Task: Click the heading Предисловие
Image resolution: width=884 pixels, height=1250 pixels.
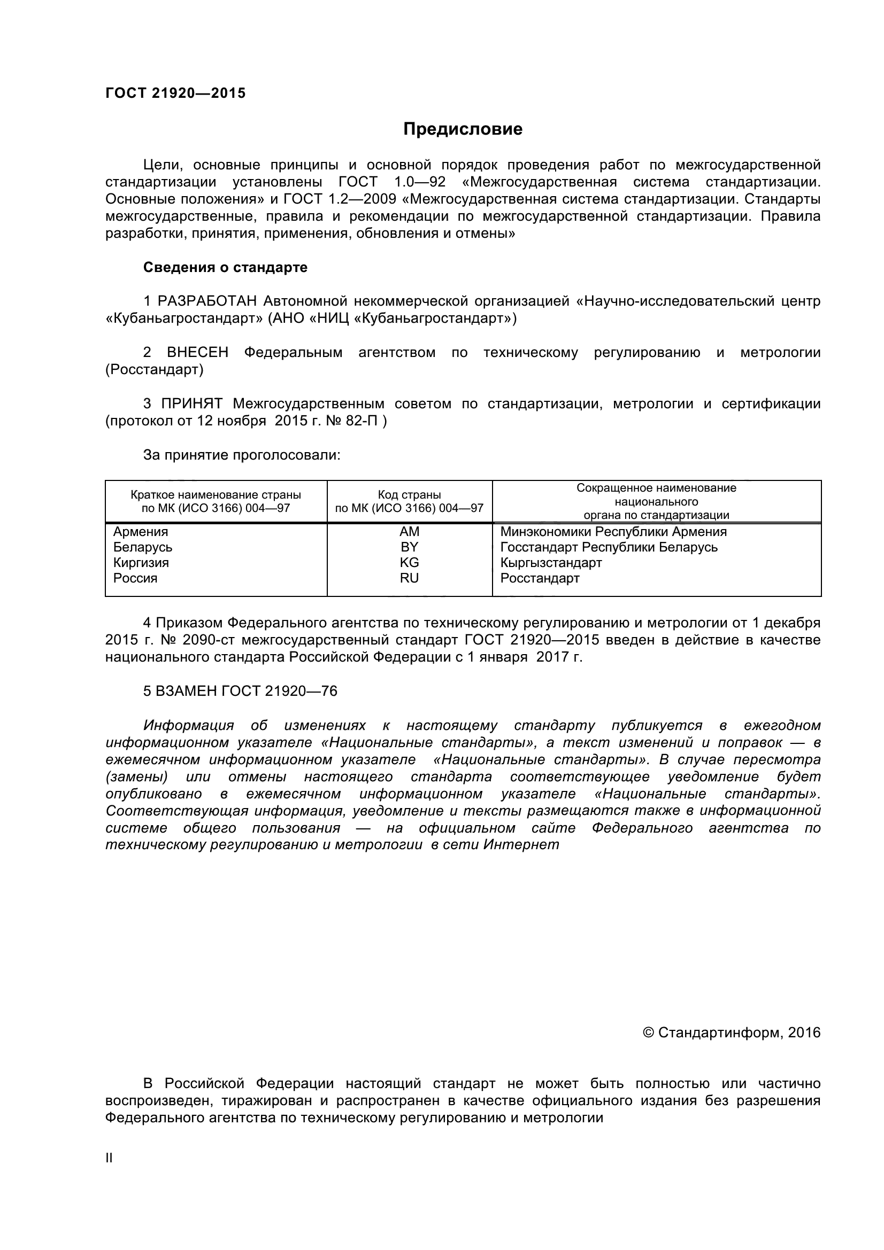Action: point(463,129)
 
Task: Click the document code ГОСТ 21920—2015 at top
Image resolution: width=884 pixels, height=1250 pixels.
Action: point(175,93)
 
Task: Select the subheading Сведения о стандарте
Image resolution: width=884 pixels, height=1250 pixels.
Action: point(225,267)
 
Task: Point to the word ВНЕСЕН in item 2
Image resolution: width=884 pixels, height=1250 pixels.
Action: point(198,352)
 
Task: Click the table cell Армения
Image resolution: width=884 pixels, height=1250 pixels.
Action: point(141,531)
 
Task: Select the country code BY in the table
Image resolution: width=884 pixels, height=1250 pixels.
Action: point(409,547)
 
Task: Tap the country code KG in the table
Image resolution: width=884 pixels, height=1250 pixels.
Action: point(409,562)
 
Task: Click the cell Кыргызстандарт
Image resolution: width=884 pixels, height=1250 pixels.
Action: point(551,562)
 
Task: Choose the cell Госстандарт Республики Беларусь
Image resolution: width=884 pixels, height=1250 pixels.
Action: point(609,547)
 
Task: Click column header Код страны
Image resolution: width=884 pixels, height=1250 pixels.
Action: point(409,495)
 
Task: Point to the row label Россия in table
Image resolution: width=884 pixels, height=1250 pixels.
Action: point(135,578)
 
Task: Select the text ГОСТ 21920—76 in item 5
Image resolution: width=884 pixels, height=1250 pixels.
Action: point(279,691)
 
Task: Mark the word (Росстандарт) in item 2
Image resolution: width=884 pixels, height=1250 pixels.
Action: point(154,370)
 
